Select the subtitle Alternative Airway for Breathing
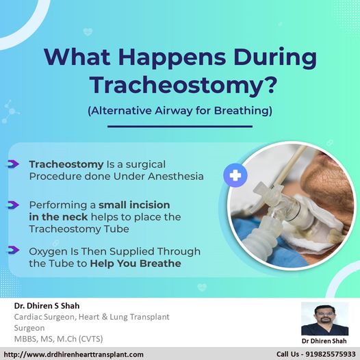click(180, 111)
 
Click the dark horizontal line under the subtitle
click(180, 127)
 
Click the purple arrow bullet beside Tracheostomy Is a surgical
click(13, 164)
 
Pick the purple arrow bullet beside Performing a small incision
click(13, 205)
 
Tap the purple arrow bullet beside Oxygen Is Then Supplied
click(13, 250)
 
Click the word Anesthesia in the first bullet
click(176, 177)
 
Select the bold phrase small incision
click(134, 205)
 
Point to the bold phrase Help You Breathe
click(136, 263)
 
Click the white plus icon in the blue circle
click(235, 175)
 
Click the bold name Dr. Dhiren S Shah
click(47, 306)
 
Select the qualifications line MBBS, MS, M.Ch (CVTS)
click(59, 339)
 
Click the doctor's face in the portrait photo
click(324, 316)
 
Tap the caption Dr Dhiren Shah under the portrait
click(324, 341)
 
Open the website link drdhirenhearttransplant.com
click(73, 355)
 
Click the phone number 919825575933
click(331, 355)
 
